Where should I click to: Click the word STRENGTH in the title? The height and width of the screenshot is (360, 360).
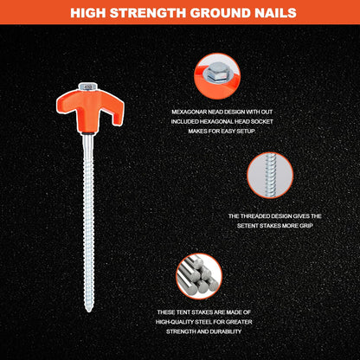tap(149, 13)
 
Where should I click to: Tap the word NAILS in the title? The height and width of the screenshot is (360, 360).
tap(272, 13)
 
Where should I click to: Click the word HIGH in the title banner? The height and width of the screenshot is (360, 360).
tap(88, 13)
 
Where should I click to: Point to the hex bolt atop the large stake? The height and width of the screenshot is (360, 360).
tap(87, 86)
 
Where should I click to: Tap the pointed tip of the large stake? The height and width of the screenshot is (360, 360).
tap(88, 310)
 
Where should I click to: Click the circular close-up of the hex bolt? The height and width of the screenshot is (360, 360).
tap(217, 76)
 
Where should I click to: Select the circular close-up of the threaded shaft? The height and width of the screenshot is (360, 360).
tap(270, 176)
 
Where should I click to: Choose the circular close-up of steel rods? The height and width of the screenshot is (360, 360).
tap(199, 276)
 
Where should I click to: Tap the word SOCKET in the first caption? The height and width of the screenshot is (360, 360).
tap(262, 121)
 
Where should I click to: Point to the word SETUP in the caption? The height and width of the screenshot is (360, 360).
tap(246, 132)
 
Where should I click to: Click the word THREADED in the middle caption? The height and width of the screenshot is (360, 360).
tap(254, 216)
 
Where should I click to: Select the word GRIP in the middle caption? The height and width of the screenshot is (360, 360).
tap(306, 226)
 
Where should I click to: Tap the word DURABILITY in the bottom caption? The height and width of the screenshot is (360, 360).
tap(226, 331)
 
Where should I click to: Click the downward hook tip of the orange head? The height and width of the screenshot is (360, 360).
tap(117, 124)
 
